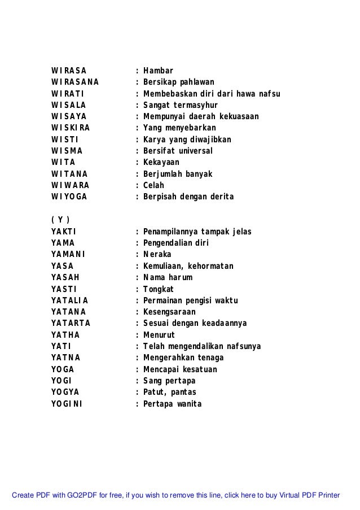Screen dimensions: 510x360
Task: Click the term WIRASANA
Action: [75, 82]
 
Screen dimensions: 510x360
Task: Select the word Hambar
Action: [158, 71]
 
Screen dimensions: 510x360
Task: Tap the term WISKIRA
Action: [70, 128]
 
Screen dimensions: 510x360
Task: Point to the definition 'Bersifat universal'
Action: [178, 151]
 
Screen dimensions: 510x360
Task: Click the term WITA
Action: [62, 162]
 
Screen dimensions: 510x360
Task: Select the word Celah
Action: [153, 185]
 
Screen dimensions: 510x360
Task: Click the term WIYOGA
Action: [69, 197]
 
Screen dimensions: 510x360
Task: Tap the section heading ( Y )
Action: [60, 220]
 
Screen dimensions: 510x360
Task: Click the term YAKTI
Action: [64, 232]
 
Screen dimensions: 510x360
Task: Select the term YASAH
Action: [65, 277]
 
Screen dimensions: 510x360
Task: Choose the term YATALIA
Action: [69, 300]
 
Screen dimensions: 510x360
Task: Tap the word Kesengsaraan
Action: [169, 312]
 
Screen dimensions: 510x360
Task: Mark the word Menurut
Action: [159, 334]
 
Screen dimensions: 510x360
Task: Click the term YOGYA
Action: [65, 392]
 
